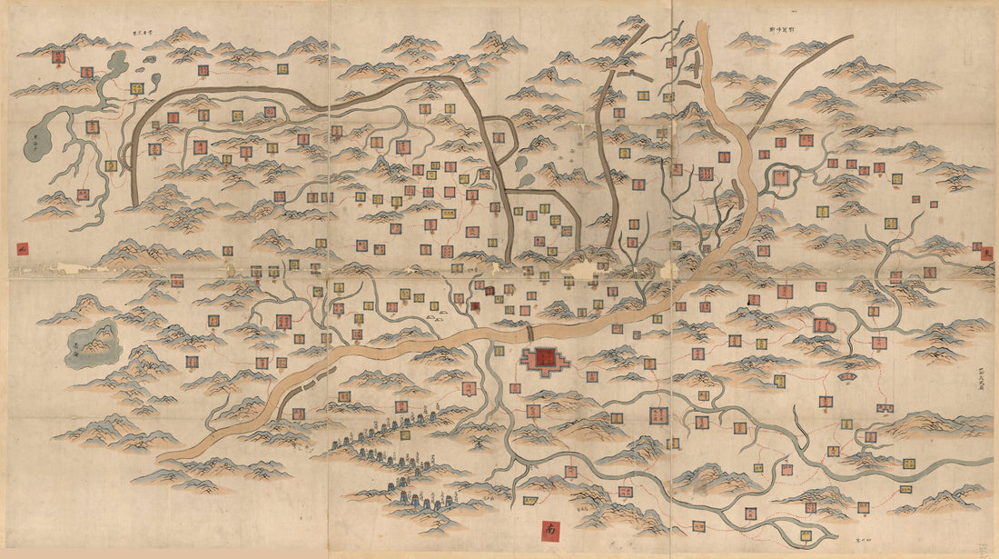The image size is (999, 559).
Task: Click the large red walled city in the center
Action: click(546, 359)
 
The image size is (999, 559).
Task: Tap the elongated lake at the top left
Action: click(117, 65)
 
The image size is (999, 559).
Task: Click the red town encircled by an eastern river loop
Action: click(781, 178)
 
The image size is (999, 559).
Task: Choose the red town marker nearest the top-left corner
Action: click(58, 58)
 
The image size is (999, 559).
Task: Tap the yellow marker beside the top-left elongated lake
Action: click(136, 89)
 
